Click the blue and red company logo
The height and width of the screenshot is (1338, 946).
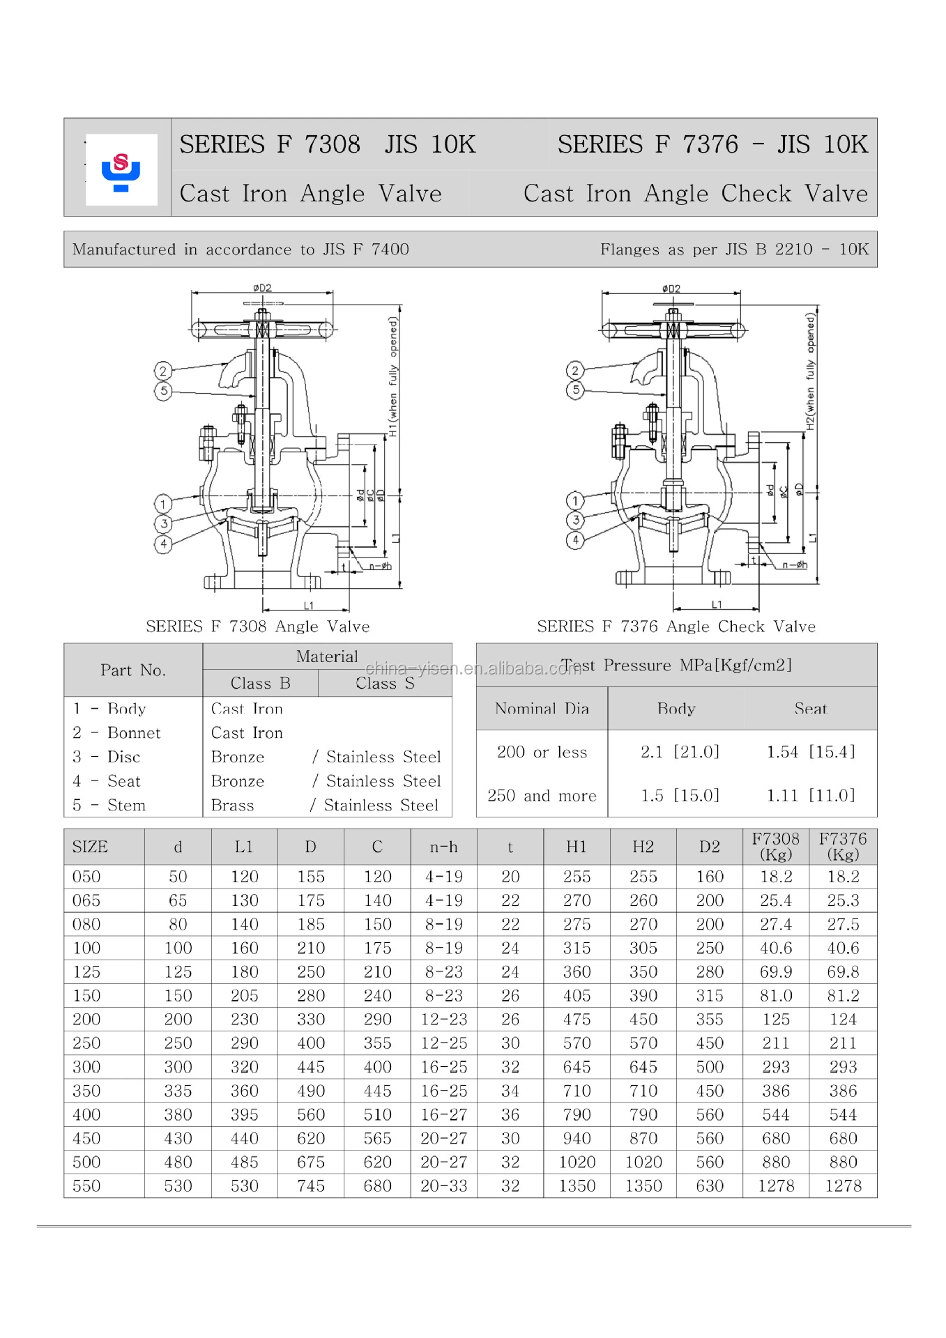121,170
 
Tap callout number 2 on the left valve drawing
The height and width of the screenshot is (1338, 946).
162,371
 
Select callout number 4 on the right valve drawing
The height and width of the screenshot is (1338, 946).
575,540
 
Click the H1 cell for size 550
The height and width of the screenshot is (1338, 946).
577,1186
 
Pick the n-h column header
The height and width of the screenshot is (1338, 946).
443,847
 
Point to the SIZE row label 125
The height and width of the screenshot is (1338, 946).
86,971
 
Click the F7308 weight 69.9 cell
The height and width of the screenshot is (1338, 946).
775,971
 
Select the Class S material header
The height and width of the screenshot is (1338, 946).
385,684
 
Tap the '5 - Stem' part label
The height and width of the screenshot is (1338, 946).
109,805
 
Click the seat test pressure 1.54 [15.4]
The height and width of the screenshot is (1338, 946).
810,752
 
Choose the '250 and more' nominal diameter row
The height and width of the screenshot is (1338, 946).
542,796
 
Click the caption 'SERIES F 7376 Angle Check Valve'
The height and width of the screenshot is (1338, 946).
676,626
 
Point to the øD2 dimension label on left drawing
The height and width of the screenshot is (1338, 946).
262,288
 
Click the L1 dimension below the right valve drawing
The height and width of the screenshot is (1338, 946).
716,604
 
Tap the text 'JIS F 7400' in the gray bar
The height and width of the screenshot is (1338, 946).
365,249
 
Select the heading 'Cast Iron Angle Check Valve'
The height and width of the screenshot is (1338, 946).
695,193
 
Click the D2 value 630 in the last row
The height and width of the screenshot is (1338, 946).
709,1186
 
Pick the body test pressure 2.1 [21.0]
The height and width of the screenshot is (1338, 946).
679,752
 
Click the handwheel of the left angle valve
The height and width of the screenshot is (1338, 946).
261,330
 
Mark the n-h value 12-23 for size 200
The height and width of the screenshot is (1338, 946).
443,1020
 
